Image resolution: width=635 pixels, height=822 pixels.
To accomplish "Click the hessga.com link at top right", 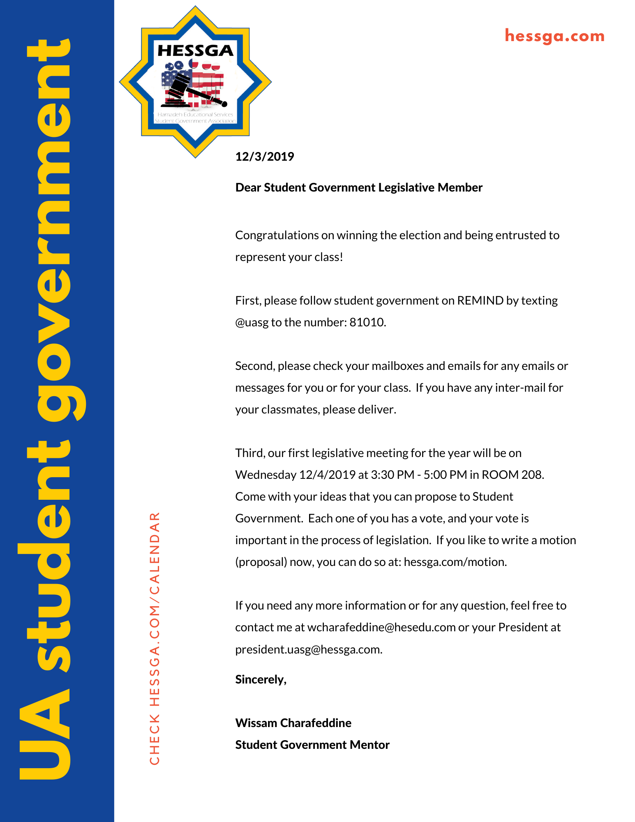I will point(554,36).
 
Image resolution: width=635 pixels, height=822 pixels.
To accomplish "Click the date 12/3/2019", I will point(264,157).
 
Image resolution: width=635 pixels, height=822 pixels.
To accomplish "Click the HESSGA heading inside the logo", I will point(195,51).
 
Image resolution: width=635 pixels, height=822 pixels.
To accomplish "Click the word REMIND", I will point(480,300).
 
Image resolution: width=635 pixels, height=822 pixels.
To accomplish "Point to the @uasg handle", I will point(252,323).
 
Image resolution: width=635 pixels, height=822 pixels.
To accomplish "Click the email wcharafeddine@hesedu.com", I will point(381,627).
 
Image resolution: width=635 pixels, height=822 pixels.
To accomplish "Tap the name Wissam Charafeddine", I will point(293,723).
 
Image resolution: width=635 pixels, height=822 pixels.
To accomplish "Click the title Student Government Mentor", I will point(312,745).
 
